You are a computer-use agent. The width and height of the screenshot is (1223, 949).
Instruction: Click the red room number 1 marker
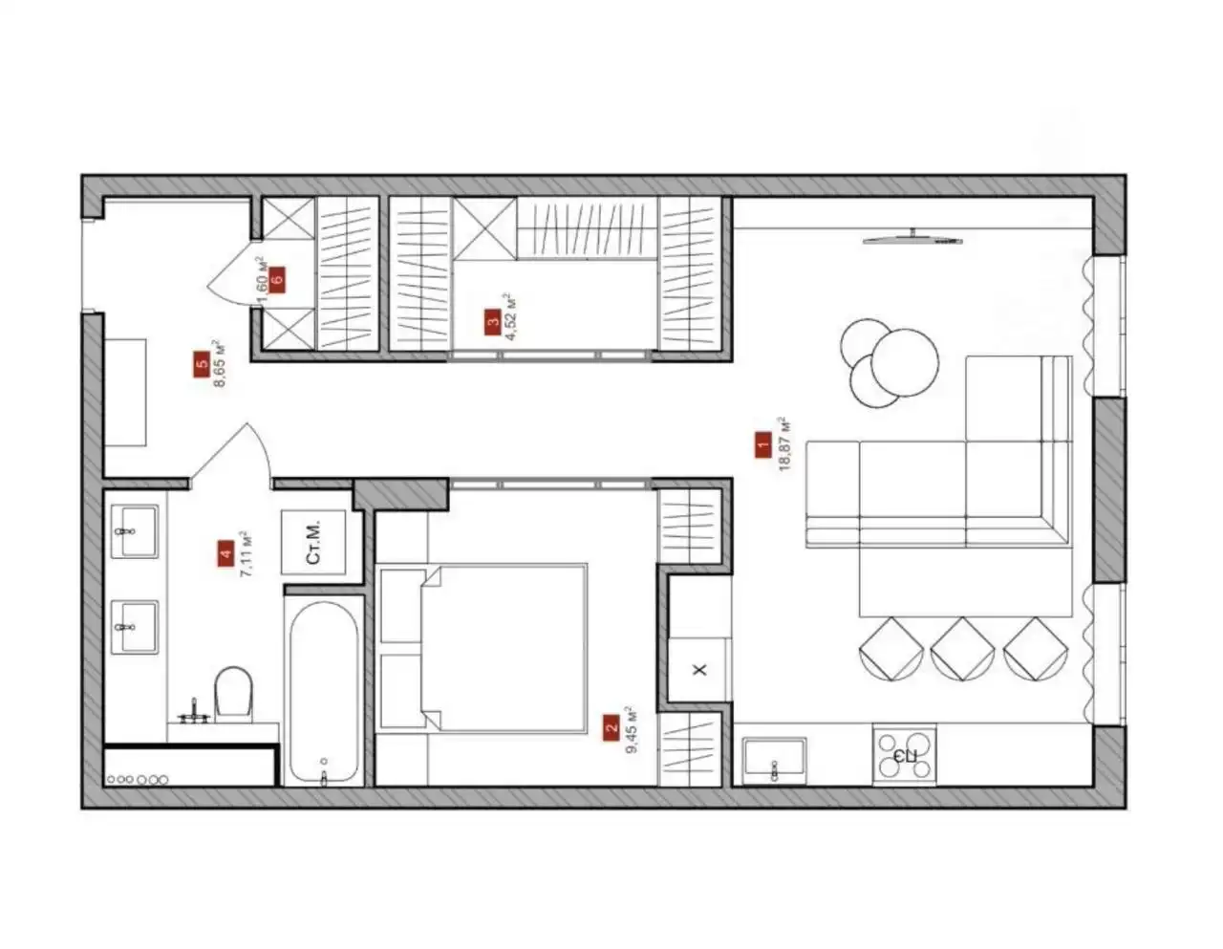point(763,444)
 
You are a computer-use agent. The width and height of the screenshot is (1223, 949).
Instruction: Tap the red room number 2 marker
point(611,728)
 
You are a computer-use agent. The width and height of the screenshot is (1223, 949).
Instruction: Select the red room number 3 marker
point(493,322)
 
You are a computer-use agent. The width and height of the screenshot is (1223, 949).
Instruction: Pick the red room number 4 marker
point(225,553)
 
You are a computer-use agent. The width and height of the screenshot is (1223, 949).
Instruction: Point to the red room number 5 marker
point(202,364)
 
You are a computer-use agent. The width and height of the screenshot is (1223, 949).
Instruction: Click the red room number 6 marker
point(277,280)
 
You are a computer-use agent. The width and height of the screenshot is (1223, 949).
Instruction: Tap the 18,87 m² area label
point(784,443)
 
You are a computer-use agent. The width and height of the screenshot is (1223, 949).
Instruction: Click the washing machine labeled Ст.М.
point(313,543)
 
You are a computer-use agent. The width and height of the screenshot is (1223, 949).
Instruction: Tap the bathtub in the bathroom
point(324,692)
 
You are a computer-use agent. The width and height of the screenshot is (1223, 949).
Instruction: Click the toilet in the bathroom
point(233,693)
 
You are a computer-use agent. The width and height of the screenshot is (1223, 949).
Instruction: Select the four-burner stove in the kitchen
point(905,754)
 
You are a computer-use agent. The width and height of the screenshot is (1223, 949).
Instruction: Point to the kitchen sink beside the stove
point(775,760)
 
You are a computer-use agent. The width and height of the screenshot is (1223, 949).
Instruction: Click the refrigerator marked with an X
point(699,669)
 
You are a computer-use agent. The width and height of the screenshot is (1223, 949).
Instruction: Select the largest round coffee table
point(905,362)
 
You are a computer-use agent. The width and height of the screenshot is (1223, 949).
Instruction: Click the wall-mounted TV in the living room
point(912,239)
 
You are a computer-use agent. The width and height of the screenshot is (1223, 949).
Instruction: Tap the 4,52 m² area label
point(511,316)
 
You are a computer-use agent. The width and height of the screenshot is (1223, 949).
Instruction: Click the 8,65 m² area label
point(219,363)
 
